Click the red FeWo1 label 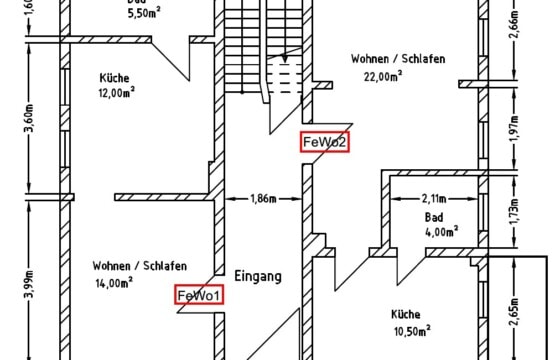click(201, 295)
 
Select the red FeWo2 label click(326, 142)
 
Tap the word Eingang click(258, 275)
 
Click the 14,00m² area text click(113, 283)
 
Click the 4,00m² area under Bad click(440, 230)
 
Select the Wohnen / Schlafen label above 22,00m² click(398, 59)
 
